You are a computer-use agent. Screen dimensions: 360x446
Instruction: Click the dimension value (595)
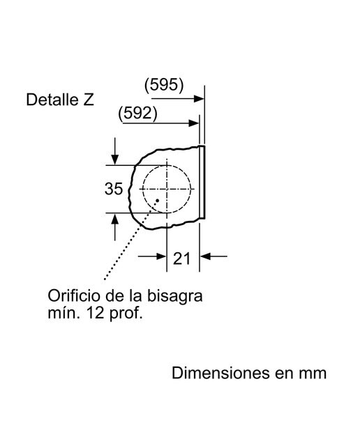(x=164, y=85)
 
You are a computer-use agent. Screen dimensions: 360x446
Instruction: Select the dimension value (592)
(x=137, y=113)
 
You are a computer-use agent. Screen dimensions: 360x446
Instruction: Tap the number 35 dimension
(x=114, y=189)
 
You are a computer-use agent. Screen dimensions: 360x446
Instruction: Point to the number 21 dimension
(x=181, y=259)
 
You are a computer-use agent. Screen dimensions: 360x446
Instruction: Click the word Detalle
(x=52, y=100)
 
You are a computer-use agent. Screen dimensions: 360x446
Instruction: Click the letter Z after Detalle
(x=89, y=100)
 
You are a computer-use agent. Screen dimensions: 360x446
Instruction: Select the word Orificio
(x=74, y=295)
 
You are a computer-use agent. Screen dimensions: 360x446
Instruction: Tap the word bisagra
(x=174, y=297)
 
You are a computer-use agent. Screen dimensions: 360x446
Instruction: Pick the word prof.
(x=126, y=314)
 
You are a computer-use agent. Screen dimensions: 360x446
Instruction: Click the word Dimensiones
(x=220, y=373)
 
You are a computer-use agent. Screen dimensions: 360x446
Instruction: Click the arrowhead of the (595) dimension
(x=199, y=99)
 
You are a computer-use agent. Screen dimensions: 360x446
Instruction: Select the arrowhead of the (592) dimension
(x=193, y=123)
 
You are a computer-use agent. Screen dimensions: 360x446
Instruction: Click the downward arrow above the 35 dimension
(x=115, y=151)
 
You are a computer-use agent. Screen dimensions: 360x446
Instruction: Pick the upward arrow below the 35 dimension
(x=115, y=227)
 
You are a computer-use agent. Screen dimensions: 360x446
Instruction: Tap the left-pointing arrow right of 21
(x=213, y=256)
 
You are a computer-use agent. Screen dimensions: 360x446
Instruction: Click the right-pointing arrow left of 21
(x=152, y=256)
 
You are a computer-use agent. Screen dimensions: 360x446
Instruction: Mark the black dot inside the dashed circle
(x=157, y=201)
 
